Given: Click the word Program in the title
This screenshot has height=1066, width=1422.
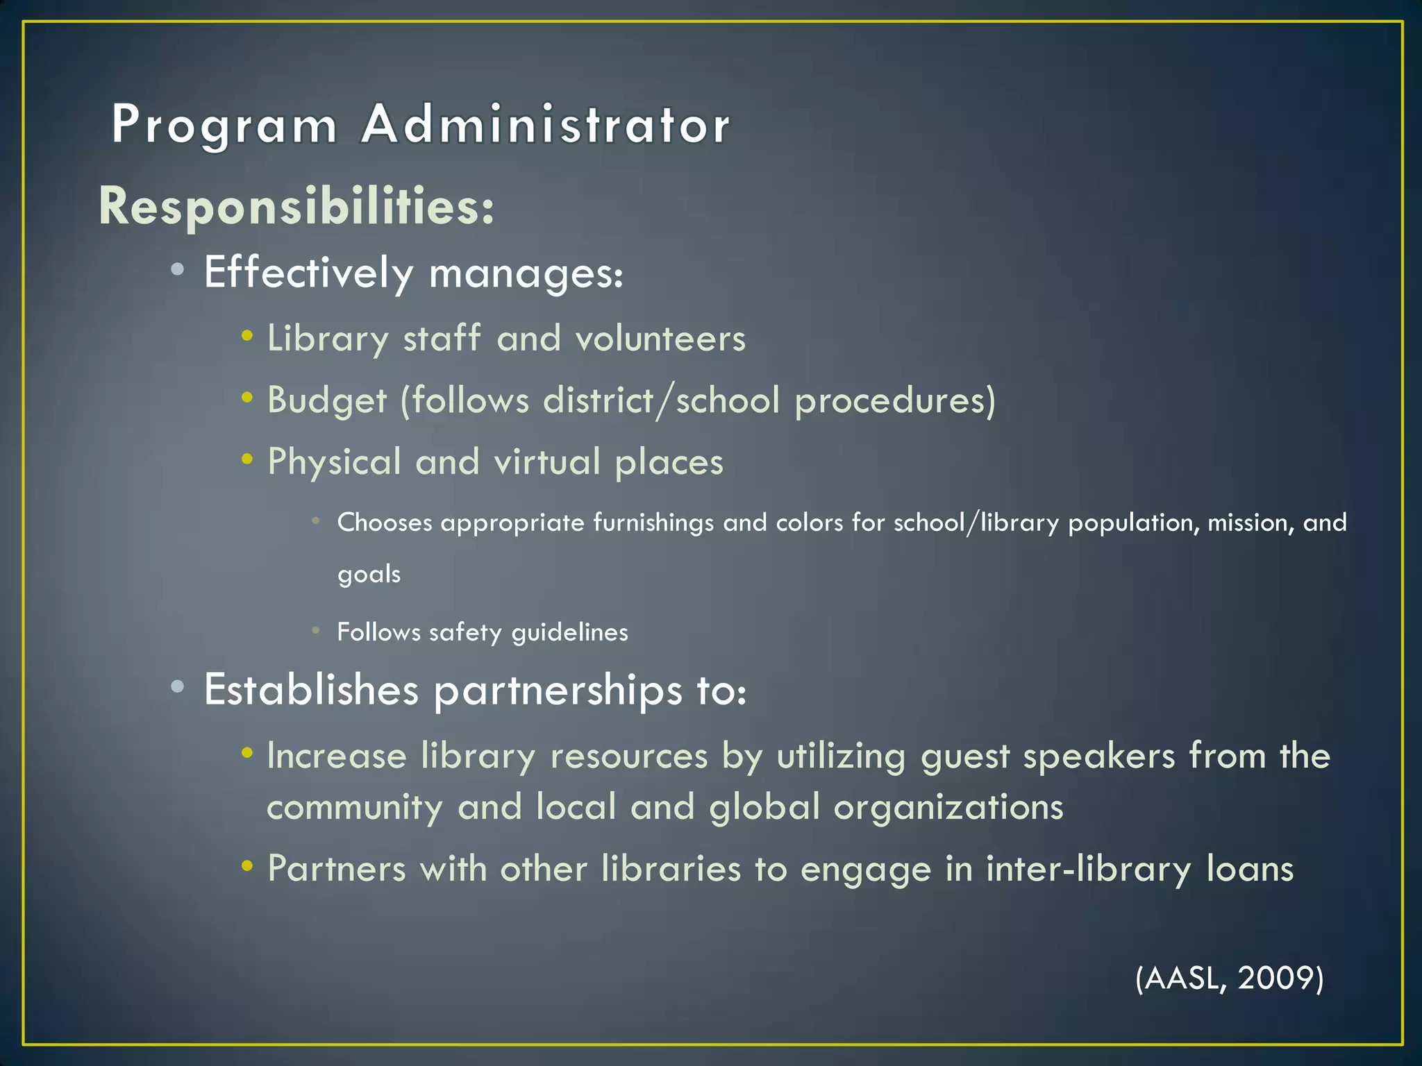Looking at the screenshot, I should point(224,126).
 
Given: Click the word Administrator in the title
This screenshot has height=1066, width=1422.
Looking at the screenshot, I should point(546,125).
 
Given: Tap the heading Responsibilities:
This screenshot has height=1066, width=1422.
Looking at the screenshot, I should point(296,206).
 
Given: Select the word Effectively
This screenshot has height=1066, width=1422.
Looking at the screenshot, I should point(309,272).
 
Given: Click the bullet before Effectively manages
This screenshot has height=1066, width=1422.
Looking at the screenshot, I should point(178,270).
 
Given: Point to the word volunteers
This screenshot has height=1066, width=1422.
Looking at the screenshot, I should point(660,339).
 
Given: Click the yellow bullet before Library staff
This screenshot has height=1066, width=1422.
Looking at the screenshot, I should point(247,337).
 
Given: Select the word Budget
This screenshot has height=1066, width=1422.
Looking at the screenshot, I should point(327,400).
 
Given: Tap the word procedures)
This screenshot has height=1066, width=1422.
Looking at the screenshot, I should point(895,400).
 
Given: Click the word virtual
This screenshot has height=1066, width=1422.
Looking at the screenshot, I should point(547,462).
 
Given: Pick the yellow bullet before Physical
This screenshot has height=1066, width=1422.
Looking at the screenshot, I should point(247,459).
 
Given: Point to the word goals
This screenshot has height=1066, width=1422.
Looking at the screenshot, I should point(369,575).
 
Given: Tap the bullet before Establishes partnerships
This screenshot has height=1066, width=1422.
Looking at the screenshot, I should point(178,687).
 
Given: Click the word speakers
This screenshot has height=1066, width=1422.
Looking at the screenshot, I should point(1099,756).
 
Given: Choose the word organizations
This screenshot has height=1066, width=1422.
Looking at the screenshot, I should point(948,807).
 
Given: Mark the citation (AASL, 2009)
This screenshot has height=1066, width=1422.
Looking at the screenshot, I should point(1229,978).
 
